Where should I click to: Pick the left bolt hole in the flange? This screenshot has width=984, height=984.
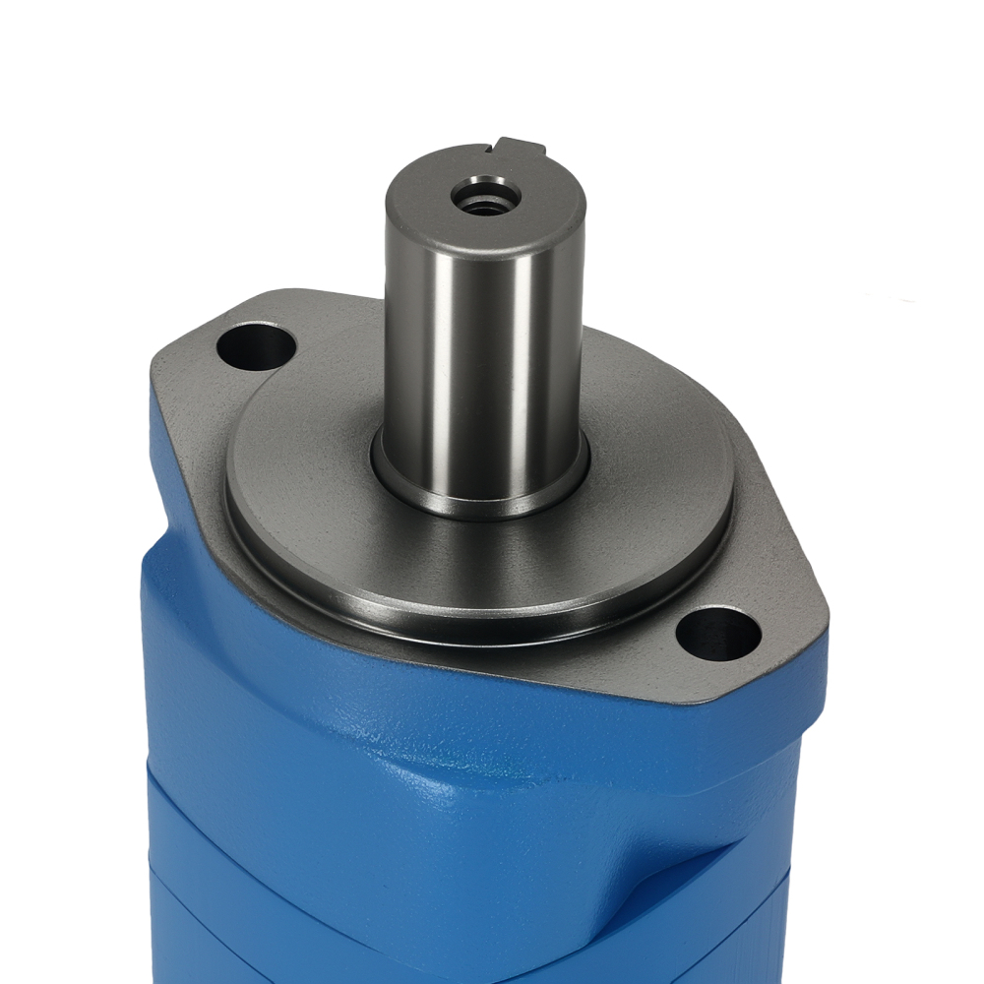[x=257, y=347]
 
